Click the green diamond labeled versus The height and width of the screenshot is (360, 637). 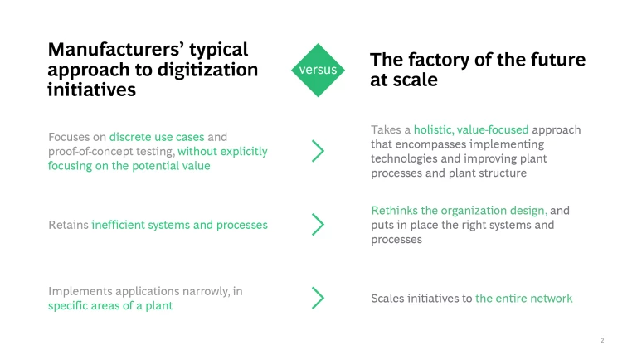click(318, 70)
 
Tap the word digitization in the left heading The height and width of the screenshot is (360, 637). click(207, 70)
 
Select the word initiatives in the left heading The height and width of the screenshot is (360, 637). click(91, 90)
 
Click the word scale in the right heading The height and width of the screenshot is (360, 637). click(415, 80)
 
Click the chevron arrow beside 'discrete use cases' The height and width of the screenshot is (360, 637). click(318, 151)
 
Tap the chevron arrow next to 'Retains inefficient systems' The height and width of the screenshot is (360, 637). click(318, 225)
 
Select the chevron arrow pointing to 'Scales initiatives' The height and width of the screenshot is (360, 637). click(318, 299)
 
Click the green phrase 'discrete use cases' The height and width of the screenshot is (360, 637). click(157, 137)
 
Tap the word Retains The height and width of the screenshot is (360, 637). click(68, 225)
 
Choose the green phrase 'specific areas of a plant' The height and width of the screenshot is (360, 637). click(110, 305)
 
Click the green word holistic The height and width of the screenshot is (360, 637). click(434, 129)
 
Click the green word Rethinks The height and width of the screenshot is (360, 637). click(394, 211)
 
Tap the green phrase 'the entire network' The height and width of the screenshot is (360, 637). click(523, 299)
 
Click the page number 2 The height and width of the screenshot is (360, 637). click(602, 340)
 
